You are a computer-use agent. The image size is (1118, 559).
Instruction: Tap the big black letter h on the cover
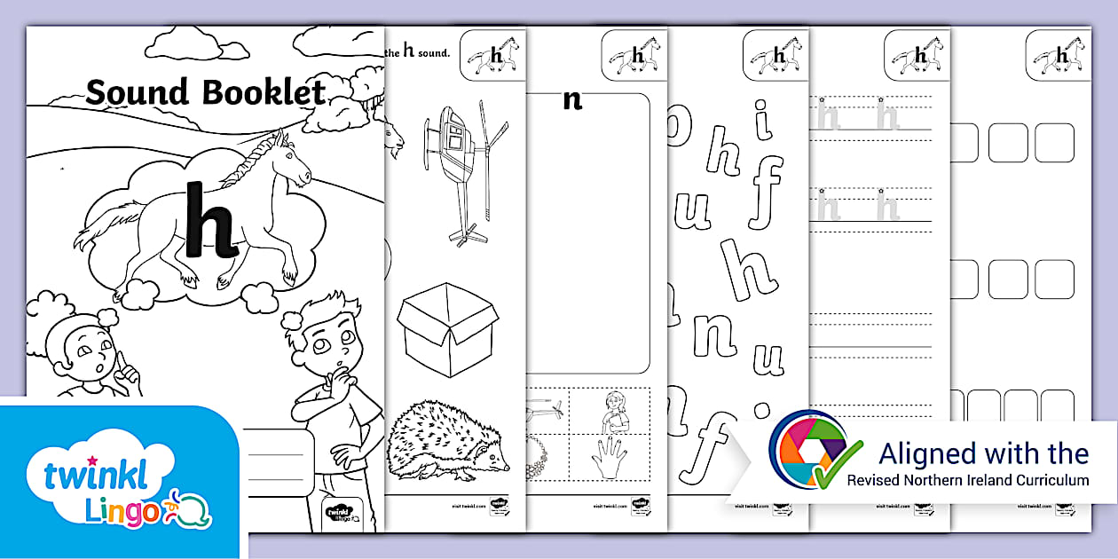209,218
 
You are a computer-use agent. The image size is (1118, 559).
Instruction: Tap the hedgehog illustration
448,439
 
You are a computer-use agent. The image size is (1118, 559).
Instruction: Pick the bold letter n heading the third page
573,99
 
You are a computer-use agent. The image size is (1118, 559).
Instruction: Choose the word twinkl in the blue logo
88,476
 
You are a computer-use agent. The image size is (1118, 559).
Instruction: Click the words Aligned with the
983,454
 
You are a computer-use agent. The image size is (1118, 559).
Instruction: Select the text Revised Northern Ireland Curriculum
967,480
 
